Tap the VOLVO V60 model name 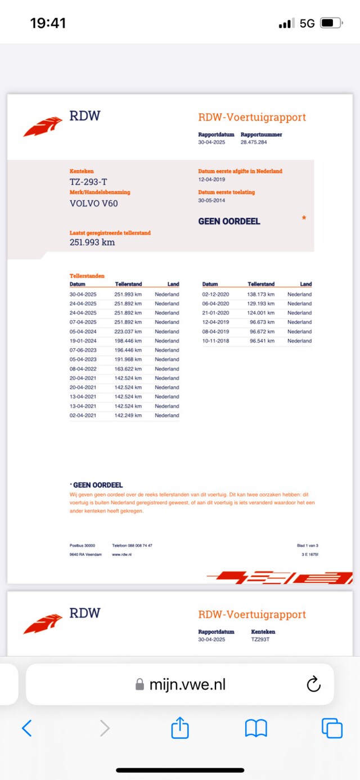93,203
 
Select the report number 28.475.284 254,142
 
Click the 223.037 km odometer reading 128,331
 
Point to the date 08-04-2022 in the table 83,369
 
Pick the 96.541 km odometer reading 261,341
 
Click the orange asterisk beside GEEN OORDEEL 304,218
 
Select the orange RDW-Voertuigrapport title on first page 252,117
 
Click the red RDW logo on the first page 43,126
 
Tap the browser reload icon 313,684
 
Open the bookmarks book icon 256,729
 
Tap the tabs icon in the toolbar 332,728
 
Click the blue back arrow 26,728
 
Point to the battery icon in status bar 330,23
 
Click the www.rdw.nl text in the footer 121,554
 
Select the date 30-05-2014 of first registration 211,200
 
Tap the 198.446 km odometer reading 128,341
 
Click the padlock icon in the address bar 139,684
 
